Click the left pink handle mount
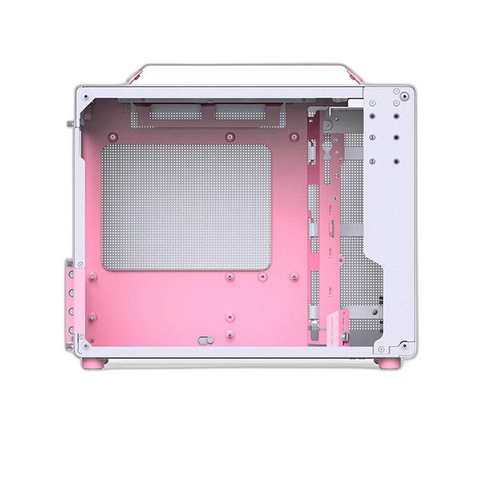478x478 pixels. point(132,77)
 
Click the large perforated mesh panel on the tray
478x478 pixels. point(186,206)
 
